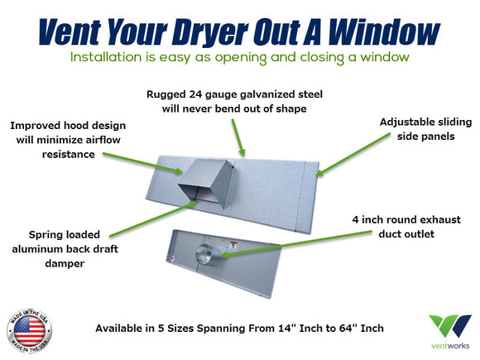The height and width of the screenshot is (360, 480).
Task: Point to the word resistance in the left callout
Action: [x=68, y=154]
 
